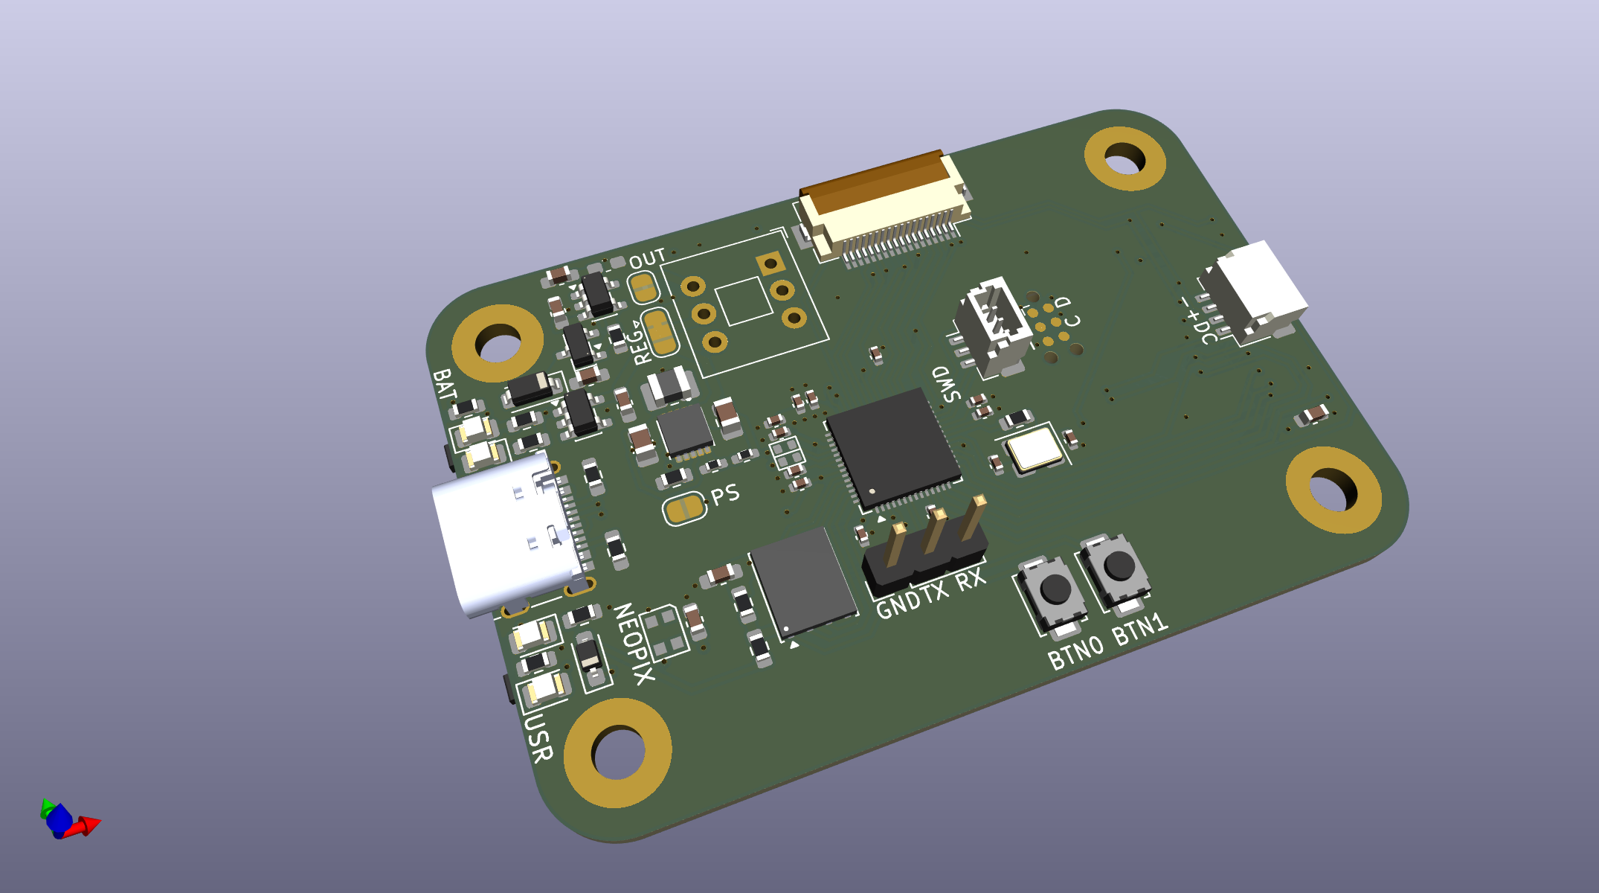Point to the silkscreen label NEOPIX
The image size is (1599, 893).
tap(634, 644)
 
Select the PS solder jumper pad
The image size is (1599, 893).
tap(683, 509)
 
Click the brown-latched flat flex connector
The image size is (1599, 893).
tap(884, 208)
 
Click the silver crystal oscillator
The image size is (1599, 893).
tap(1033, 449)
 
